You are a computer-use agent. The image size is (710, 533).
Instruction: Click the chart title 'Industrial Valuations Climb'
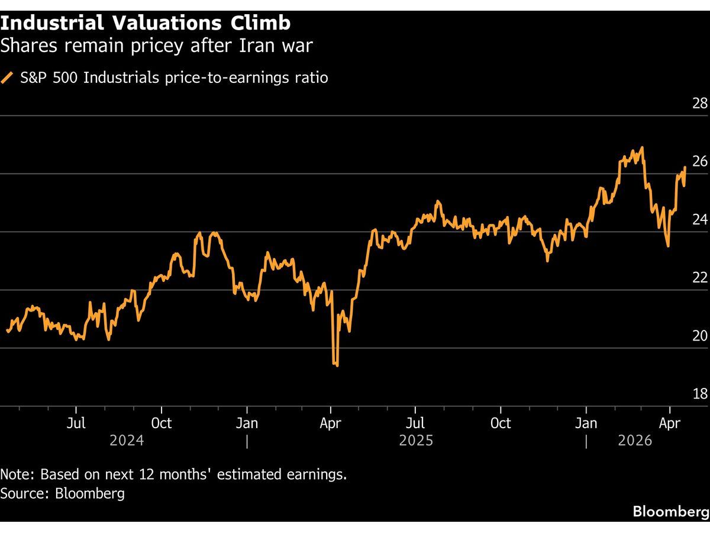tap(146, 23)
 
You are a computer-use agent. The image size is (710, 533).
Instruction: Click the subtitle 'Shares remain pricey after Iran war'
tap(156, 46)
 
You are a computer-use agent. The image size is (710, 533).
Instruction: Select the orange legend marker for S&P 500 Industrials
tap(7, 78)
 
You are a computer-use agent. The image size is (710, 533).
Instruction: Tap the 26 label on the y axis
tap(699, 162)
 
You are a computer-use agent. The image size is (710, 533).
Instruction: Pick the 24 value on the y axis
tap(699, 220)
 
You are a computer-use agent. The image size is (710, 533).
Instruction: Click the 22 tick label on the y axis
tap(699, 278)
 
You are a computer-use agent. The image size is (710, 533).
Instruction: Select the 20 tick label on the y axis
tap(699, 336)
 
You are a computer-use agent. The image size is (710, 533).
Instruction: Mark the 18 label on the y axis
tap(699, 394)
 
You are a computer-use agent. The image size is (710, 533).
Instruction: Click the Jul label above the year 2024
tap(76, 423)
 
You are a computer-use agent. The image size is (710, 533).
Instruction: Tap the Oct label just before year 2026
tap(501, 423)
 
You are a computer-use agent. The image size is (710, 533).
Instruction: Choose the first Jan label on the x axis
tap(247, 423)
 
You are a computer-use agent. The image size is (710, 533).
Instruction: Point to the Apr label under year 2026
tap(669, 423)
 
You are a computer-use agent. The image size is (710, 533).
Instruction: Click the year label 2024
tap(126, 441)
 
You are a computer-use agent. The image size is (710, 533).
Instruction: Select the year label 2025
tap(416, 441)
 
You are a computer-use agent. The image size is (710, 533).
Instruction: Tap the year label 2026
tap(635, 441)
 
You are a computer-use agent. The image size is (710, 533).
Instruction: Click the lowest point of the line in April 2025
tap(337, 365)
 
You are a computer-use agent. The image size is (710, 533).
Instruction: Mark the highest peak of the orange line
tap(643, 147)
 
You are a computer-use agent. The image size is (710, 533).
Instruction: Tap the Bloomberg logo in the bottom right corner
tap(670, 511)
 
